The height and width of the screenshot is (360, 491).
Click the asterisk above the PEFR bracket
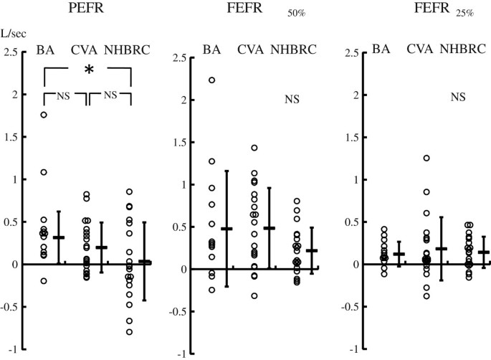(x=89, y=71)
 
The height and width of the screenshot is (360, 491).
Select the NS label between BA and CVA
(x=66, y=95)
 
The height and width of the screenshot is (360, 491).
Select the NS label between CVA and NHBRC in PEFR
(x=110, y=95)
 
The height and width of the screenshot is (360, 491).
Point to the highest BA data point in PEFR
(x=44, y=115)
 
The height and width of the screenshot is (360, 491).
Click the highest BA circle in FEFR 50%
(x=212, y=80)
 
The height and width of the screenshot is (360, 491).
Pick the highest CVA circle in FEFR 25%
(x=426, y=158)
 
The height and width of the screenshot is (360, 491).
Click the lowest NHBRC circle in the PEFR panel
(x=130, y=332)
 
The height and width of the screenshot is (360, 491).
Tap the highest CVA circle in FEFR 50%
(x=254, y=148)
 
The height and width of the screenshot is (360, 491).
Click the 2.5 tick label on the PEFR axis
(x=11, y=52)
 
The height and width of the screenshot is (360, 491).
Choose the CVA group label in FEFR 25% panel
(x=420, y=49)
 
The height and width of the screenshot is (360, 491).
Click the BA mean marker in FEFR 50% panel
(x=227, y=229)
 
